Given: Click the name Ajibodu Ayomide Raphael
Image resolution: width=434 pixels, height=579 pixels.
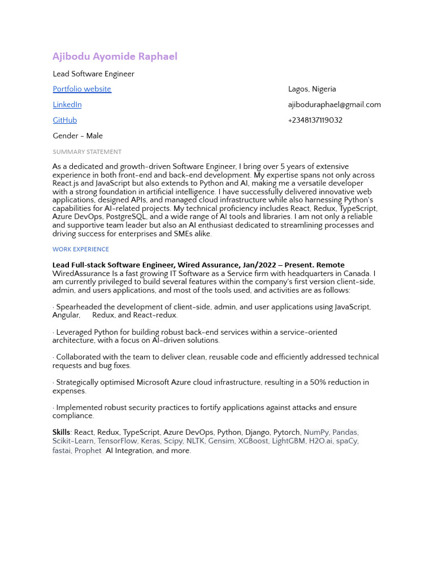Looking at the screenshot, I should [x=115, y=57].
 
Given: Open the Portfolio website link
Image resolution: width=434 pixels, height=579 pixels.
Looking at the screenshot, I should [x=82, y=89].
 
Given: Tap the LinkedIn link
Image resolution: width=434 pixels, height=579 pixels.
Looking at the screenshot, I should [x=67, y=105].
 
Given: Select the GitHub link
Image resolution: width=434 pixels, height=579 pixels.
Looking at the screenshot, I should [x=65, y=120].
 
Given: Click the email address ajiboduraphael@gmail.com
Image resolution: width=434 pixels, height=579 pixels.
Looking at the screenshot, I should [x=334, y=105].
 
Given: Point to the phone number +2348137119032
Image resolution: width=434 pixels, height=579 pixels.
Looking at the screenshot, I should [x=315, y=120].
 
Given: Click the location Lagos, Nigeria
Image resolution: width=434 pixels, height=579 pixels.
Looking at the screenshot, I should [x=312, y=89].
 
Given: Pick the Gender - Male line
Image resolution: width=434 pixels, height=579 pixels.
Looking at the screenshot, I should [x=77, y=136].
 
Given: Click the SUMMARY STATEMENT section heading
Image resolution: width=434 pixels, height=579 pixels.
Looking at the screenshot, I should [x=87, y=152].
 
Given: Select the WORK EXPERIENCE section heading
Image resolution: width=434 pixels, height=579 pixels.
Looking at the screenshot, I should [x=81, y=249].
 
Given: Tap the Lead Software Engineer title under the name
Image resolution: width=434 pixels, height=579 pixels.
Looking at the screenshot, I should [x=93, y=74].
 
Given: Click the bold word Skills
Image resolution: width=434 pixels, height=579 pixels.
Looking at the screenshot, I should [x=61, y=433].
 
